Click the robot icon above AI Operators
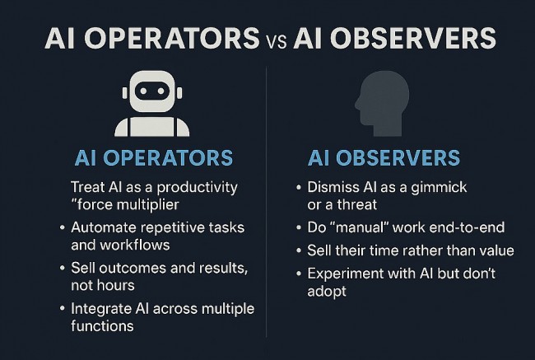pos(151,102)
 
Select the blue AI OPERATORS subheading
pos(153,157)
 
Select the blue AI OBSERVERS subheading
pos(384,157)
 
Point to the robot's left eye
pos(142,91)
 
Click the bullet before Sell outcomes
pos(62,268)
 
